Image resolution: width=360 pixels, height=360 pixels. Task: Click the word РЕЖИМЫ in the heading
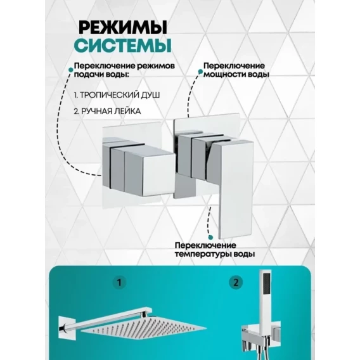tap(123, 27)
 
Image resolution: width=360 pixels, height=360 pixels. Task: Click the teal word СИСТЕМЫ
tap(123, 46)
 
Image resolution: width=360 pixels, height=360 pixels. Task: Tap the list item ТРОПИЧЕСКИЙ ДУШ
tap(117, 95)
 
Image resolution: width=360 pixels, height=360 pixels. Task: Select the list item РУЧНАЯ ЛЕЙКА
tap(107, 112)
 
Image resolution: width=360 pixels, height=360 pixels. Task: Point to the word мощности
tap(222, 75)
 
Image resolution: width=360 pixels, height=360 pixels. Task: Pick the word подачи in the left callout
tap(87, 75)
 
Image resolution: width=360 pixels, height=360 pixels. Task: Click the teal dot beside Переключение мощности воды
tap(200, 72)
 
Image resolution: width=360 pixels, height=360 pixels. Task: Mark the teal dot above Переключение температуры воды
tap(210, 237)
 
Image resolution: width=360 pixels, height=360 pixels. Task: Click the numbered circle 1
tap(119, 283)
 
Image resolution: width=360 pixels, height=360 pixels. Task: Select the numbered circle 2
tap(236, 283)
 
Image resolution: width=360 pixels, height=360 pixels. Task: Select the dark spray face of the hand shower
tap(267, 283)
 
